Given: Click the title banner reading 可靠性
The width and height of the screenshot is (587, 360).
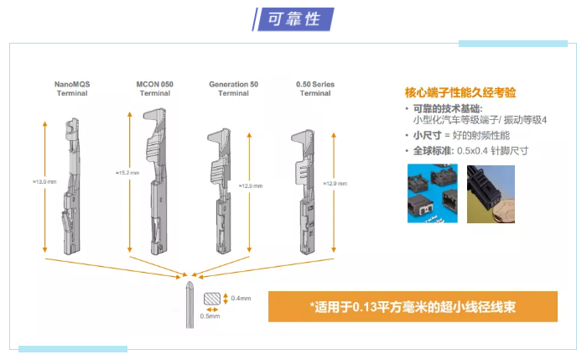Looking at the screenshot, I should point(293,18).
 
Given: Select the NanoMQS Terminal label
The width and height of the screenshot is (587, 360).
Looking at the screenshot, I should point(72,89).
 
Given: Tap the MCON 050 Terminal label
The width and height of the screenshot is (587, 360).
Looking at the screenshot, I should point(154,89).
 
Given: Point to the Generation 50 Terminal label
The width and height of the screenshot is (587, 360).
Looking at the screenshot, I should point(233,89).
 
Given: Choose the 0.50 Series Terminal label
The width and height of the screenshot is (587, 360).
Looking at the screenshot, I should point(315,89).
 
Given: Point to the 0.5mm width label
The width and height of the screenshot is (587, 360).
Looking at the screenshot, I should point(210,316).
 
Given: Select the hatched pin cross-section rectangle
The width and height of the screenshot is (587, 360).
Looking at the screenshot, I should point(211,299).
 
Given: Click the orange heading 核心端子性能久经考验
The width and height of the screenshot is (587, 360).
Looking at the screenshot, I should point(462,92).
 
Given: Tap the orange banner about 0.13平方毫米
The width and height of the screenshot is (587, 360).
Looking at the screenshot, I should point(412,306).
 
